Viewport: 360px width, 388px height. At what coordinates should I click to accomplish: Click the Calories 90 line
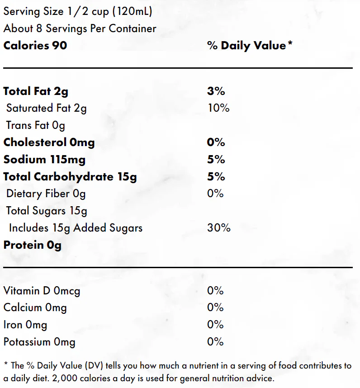point(35,46)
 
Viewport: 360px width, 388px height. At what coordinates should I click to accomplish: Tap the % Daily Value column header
point(250,46)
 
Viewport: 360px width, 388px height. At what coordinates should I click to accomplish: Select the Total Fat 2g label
point(36,91)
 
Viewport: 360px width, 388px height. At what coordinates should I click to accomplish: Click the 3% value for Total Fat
point(216,91)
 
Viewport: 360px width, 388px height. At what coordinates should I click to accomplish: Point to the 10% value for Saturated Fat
point(218,108)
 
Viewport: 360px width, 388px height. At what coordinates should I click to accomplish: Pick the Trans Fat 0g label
point(35,125)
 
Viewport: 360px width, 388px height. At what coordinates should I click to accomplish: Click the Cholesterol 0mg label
point(49,142)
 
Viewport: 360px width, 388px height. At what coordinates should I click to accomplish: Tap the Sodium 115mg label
point(44,160)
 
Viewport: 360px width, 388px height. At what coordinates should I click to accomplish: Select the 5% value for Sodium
point(216,160)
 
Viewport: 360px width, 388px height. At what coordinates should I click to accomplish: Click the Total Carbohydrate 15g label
point(70,177)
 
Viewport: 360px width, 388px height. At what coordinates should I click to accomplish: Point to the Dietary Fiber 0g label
point(46,194)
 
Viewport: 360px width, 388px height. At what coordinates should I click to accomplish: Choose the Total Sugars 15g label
point(47,211)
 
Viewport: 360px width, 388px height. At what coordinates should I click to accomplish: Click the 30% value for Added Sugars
point(219,228)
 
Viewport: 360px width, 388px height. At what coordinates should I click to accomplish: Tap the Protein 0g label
point(33,245)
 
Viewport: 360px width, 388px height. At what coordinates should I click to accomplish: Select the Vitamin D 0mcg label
point(42,291)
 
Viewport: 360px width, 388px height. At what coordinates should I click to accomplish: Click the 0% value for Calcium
point(215,308)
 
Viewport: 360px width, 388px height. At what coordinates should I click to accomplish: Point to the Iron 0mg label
point(25,325)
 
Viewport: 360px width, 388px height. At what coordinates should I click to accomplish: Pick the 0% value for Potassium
point(215,342)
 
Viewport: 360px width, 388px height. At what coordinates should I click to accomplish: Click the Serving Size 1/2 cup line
point(78,12)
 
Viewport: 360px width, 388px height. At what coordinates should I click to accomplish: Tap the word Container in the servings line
point(133,28)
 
